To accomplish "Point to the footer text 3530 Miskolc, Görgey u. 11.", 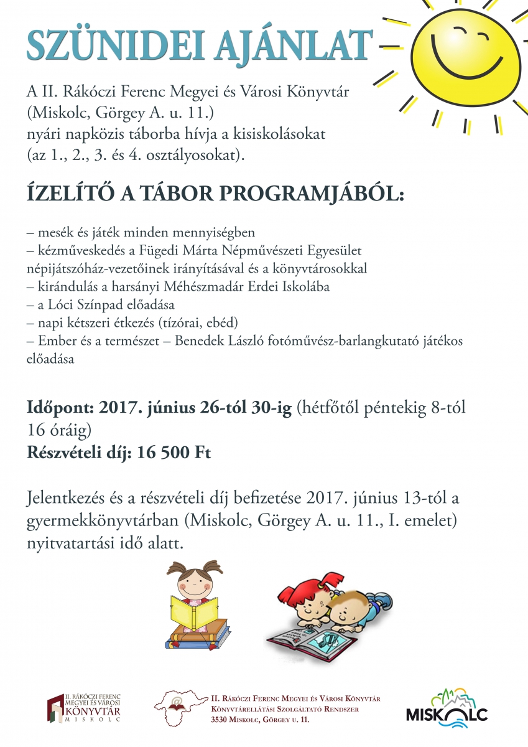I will pos(261,720).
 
